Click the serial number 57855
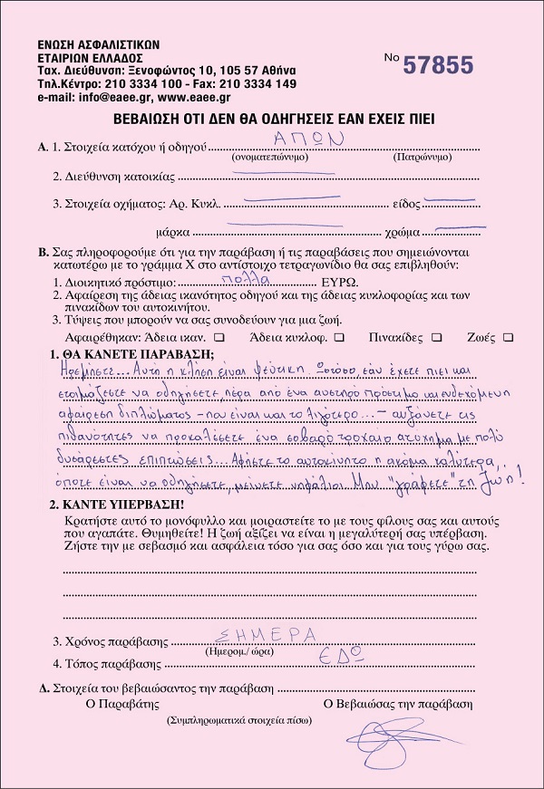(438, 64)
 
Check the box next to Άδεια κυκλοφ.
(338, 337)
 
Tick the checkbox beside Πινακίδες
(437, 337)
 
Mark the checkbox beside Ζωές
(508, 337)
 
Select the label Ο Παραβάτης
(121, 703)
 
